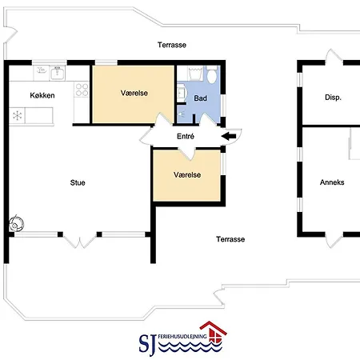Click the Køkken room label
pyautogui.click(x=42, y=95)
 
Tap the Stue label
pyautogui.click(x=78, y=182)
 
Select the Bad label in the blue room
pyautogui.click(x=200, y=98)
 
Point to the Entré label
pyautogui.click(x=186, y=136)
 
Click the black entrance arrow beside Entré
pyautogui.click(x=229, y=136)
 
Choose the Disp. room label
pyautogui.click(x=333, y=98)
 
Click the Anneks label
pyautogui.click(x=332, y=182)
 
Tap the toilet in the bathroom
pyautogui.click(x=212, y=74)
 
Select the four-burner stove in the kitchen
pyautogui.click(x=82, y=90)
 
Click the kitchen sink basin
pyautogui.click(x=58, y=73)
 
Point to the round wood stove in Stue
pyautogui.click(x=16, y=223)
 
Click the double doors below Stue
pyautogui.click(x=80, y=240)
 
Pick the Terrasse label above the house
pyautogui.click(x=172, y=45)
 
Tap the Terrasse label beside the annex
pyautogui.click(x=230, y=239)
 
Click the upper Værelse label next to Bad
pyautogui.click(x=134, y=93)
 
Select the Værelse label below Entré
pyautogui.click(x=187, y=175)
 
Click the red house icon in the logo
pyautogui.click(x=214, y=331)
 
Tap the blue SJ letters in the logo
pyautogui.click(x=147, y=344)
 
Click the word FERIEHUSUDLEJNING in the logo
pyautogui.click(x=182, y=337)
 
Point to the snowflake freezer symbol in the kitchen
pyautogui.click(x=18, y=116)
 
